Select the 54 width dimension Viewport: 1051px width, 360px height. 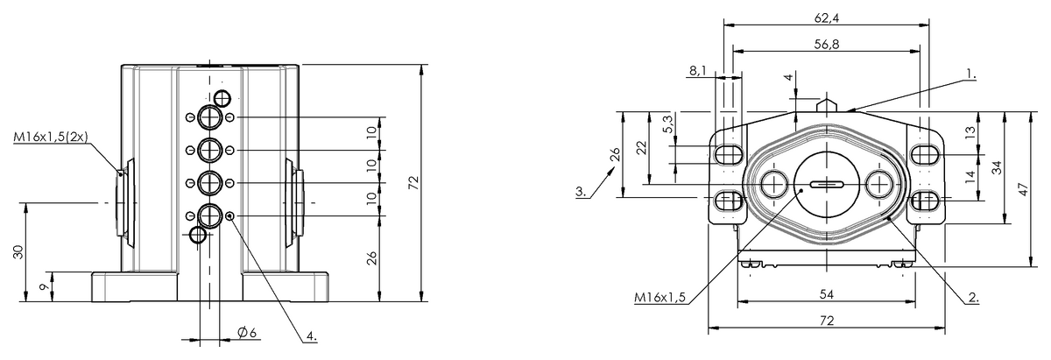click(x=826, y=294)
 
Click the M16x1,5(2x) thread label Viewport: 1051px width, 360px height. click(x=50, y=138)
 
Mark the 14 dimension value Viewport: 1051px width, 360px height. click(x=970, y=176)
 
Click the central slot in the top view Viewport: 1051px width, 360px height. click(x=827, y=185)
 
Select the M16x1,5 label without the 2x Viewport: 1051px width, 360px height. click(x=660, y=299)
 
